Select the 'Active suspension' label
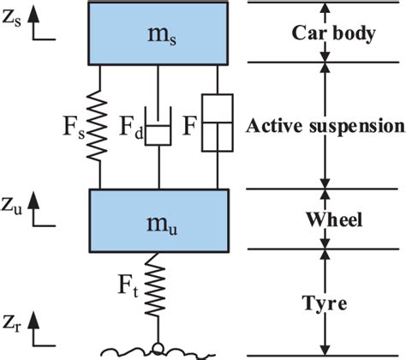pos(325,126)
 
